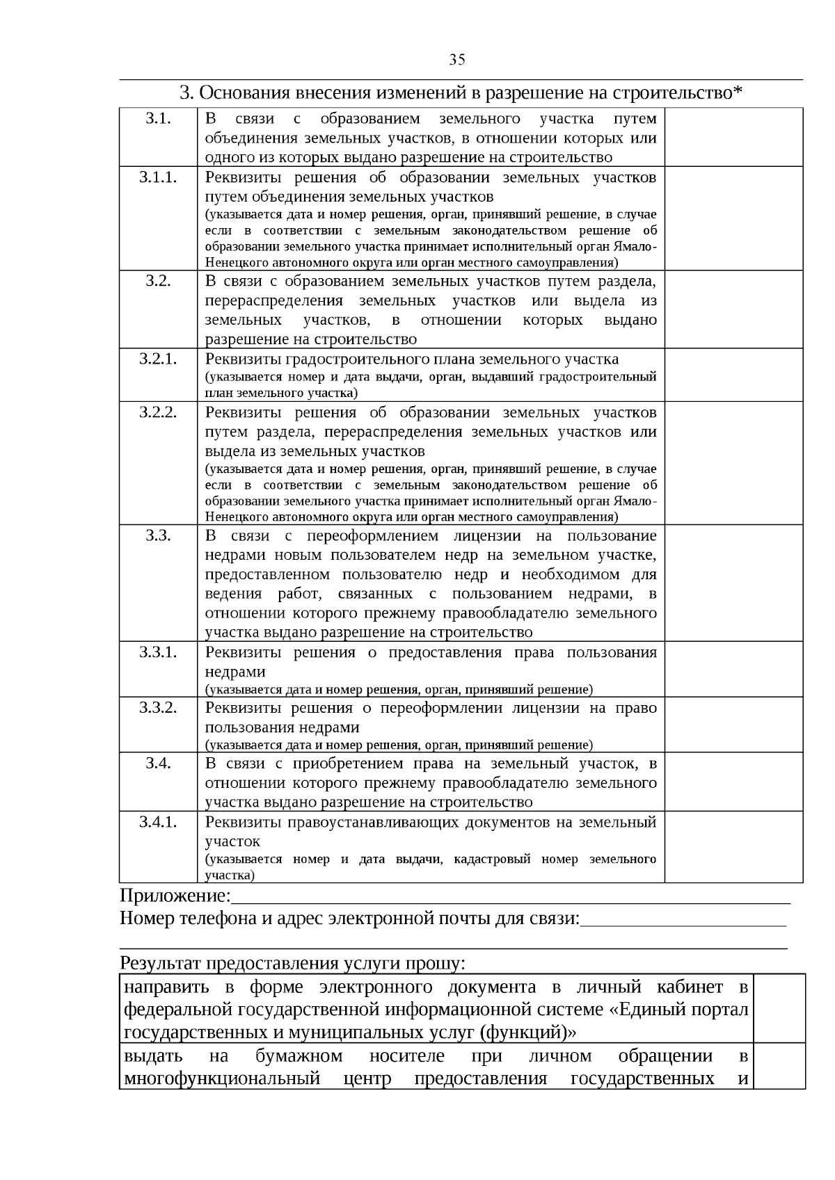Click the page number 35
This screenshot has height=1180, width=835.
[457, 60]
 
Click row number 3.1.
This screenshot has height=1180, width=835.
[159, 118]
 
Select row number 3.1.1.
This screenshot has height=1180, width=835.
[159, 177]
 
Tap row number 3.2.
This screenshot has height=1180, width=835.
[159, 281]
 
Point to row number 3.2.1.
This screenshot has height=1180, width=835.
[159, 359]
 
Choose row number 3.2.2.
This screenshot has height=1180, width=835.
[159, 412]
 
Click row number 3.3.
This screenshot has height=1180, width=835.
[159, 535]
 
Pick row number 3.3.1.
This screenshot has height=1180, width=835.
[159, 652]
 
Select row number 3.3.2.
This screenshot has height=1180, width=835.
[159, 708]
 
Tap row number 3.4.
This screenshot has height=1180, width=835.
[159, 763]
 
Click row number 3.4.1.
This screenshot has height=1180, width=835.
[159, 822]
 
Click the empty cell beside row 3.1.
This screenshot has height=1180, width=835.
[733, 137]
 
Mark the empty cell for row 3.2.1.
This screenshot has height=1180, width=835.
[733, 375]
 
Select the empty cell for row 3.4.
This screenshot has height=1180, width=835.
[733, 782]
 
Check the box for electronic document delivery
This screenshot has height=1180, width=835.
[779, 1008]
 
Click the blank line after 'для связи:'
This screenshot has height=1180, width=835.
[683, 919]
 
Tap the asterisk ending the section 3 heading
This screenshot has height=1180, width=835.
[738, 91]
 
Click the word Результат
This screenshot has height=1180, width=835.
[160, 964]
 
